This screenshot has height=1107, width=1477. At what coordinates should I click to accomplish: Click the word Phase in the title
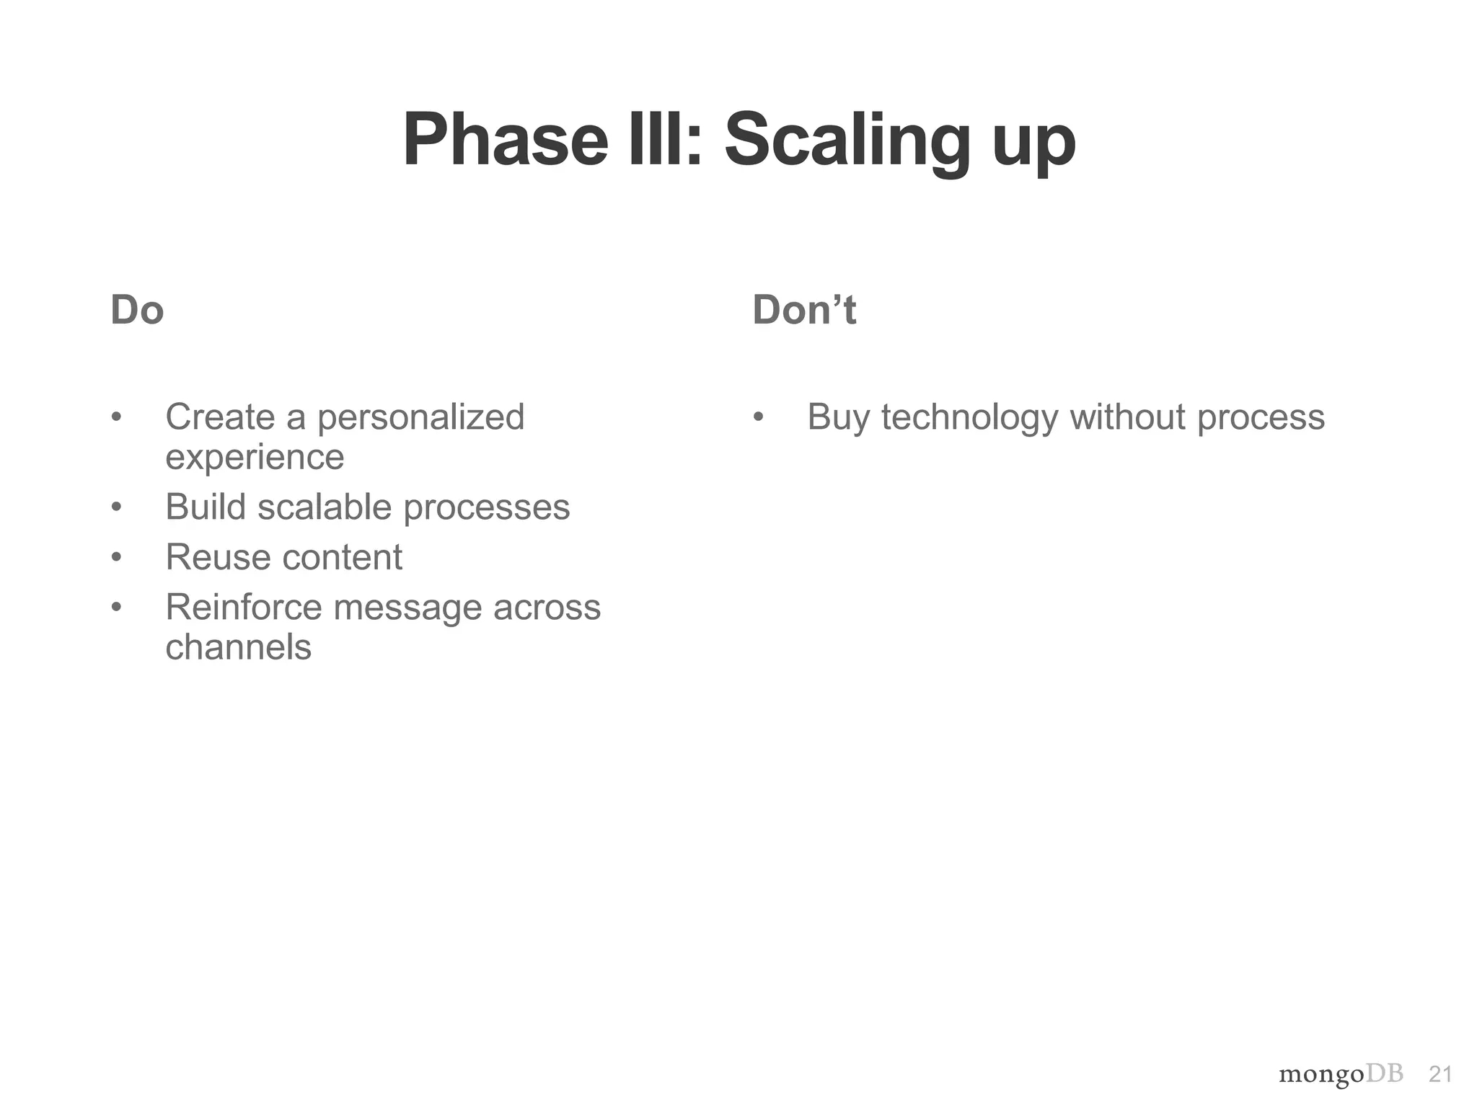(x=506, y=140)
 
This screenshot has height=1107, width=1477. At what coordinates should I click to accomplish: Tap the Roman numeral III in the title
(x=663, y=140)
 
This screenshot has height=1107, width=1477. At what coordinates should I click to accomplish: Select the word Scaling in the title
(x=847, y=140)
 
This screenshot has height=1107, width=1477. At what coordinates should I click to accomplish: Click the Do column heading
(x=137, y=310)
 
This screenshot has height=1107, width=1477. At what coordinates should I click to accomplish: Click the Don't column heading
(x=803, y=310)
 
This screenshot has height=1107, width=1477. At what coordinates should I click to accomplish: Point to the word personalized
(x=420, y=417)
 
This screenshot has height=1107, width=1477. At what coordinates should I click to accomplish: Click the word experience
(x=255, y=457)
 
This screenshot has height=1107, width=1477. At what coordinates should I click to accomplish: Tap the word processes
(x=486, y=508)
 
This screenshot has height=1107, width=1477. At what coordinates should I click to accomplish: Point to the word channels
(x=238, y=646)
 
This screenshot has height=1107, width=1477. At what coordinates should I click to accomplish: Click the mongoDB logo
(x=1341, y=1074)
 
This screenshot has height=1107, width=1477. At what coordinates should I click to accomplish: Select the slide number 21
(x=1439, y=1075)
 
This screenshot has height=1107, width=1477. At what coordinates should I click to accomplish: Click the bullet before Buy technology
(x=758, y=417)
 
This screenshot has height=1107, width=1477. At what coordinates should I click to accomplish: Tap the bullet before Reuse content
(x=116, y=557)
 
